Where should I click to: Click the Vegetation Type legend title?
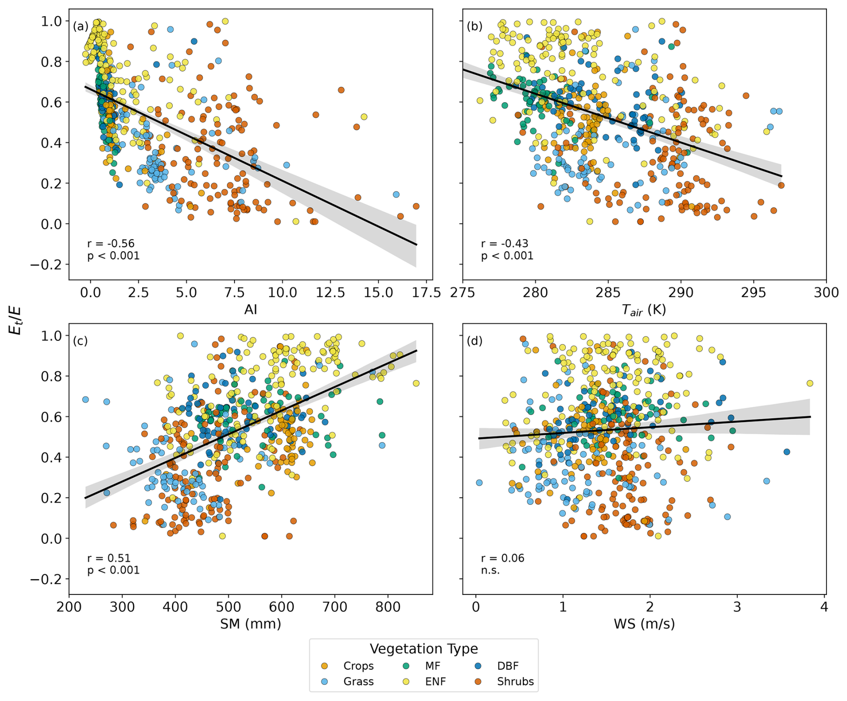pos(423,649)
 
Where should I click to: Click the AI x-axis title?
pos(250,310)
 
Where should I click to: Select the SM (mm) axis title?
pos(250,624)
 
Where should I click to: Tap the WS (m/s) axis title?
pos(644,624)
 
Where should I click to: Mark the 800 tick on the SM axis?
pos(388,607)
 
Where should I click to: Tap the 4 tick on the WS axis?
pos(824,607)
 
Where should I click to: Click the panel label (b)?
pos(474,26)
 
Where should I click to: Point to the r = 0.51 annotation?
pos(109,558)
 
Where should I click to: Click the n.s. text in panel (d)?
pos(490,570)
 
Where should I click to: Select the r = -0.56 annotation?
pos(111,244)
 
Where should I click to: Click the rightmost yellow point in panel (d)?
pos(809,383)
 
